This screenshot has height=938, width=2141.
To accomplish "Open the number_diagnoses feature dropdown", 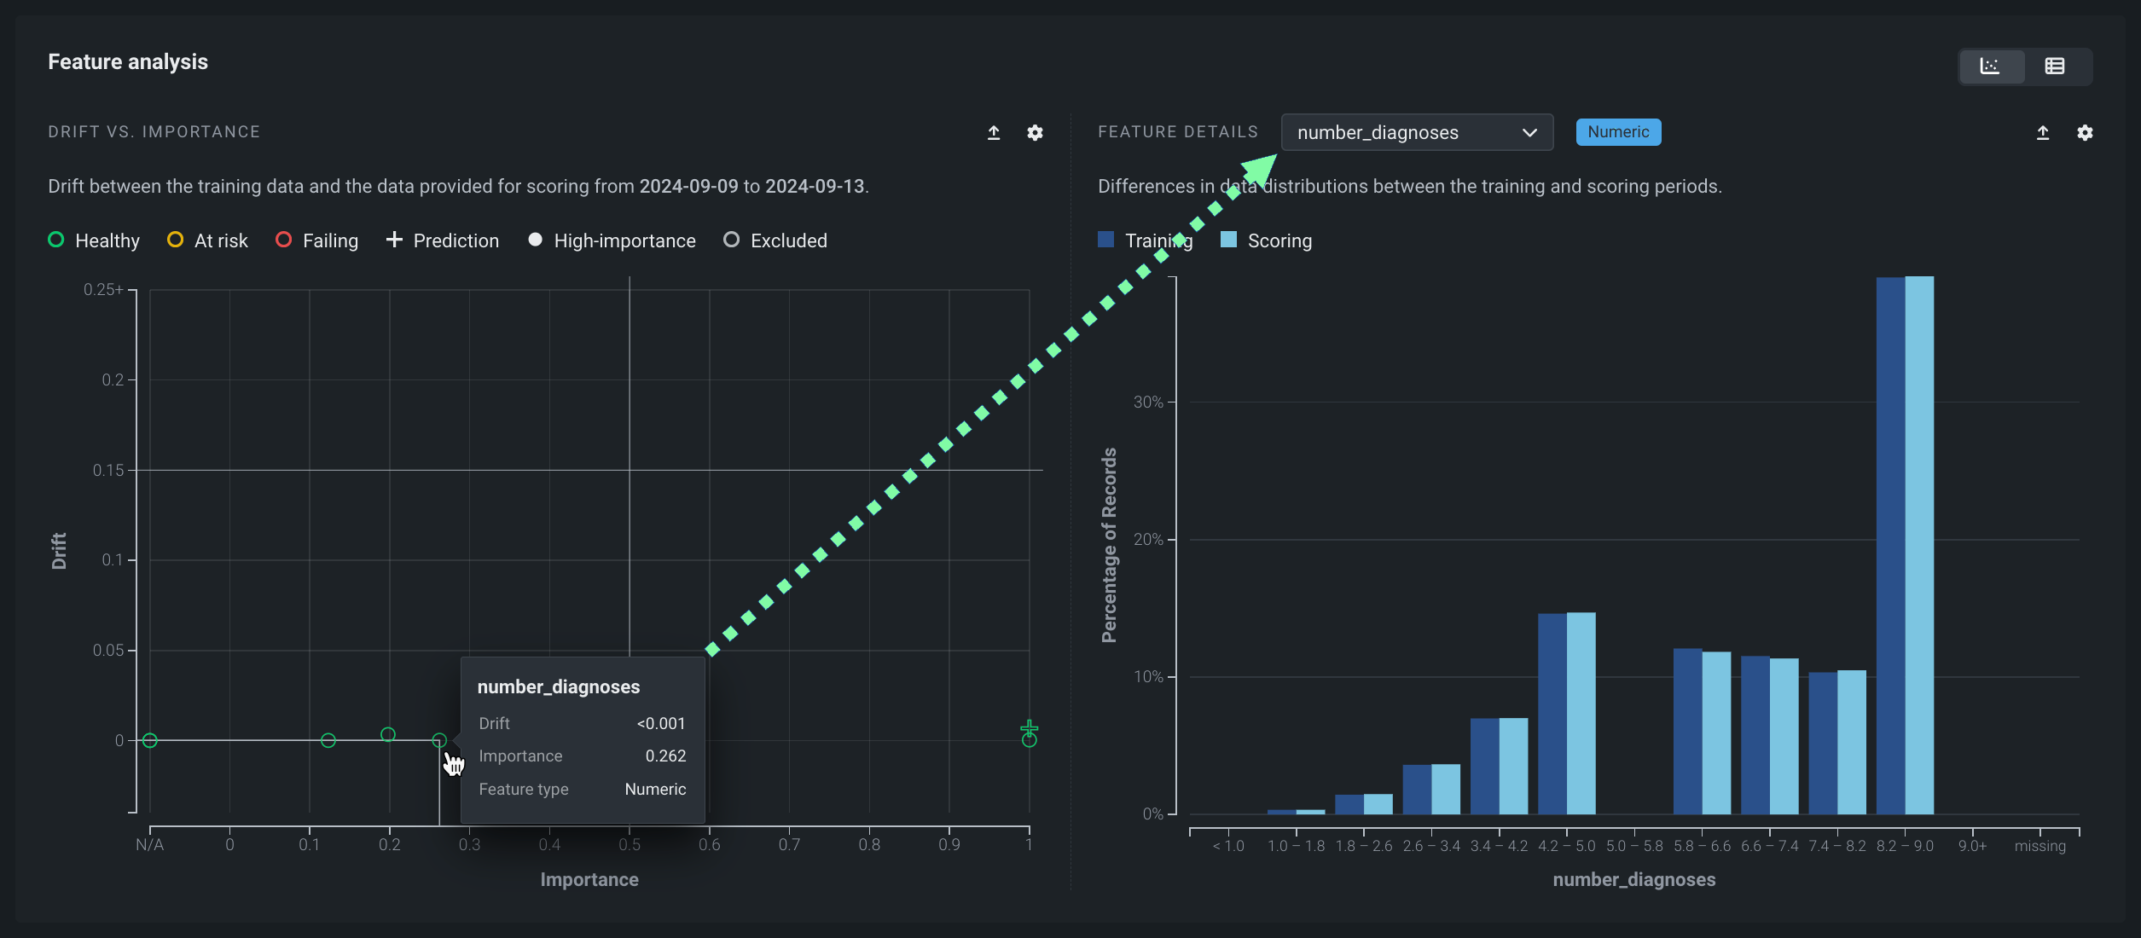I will click(x=1416, y=132).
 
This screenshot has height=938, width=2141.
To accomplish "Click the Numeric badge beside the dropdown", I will click(x=1617, y=132).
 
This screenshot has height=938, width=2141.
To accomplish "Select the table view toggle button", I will click(x=2054, y=67).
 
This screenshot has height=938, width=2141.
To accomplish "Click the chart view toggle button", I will click(x=1990, y=67).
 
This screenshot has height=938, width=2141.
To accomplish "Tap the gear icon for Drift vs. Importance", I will click(x=1035, y=132).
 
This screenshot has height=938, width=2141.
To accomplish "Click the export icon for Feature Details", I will click(x=2042, y=132).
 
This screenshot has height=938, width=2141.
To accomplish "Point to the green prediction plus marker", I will click(x=1029, y=728).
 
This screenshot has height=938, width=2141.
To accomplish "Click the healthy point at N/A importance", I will click(x=150, y=740).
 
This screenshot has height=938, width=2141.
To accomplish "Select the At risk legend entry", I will click(x=208, y=240).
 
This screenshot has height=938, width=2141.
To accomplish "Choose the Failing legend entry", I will click(x=317, y=240).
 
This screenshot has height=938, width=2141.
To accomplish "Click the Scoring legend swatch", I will click(x=1228, y=240).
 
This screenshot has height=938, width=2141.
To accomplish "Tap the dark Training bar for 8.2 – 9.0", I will click(x=1890, y=546).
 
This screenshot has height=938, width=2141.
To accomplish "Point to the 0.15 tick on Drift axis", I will click(x=109, y=470).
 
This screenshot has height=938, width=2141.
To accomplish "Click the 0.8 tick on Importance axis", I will click(x=869, y=844).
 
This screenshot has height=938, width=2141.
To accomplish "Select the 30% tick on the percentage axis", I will click(x=1148, y=402).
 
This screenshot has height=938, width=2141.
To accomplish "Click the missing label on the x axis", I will click(x=2039, y=846).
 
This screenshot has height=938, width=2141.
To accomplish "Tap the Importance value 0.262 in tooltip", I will click(x=665, y=756).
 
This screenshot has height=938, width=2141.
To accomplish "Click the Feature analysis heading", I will click(x=128, y=61).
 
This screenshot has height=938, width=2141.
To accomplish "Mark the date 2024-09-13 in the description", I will click(x=815, y=186).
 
